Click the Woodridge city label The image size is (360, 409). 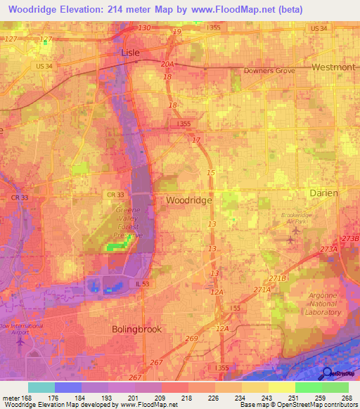click(189, 200)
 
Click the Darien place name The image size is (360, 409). click(324, 193)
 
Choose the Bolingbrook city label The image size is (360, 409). click(137, 329)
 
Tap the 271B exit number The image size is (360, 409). click(281, 278)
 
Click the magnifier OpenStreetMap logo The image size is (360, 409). click(326, 374)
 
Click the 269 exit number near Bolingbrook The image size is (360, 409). click(191, 339)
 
